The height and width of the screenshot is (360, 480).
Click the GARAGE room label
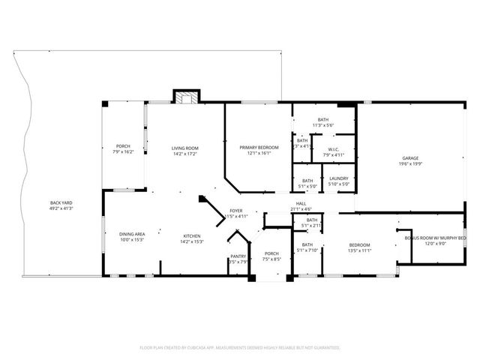tap(409, 158)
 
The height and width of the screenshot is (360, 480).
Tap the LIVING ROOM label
tap(185, 148)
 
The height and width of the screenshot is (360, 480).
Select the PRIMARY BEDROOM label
tap(259, 148)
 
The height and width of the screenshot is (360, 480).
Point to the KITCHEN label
tap(191, 235)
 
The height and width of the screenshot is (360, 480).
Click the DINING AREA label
tap(132, 235)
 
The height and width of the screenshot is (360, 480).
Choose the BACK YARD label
tap(61, 202)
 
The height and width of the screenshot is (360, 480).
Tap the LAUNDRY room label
tap(339, 179)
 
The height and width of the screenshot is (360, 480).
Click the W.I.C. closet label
tap(334, 149)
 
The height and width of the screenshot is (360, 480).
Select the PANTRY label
tap(238, 256)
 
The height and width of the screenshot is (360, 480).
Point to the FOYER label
tap(235, 211)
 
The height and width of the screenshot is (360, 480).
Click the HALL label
tap(300, 204)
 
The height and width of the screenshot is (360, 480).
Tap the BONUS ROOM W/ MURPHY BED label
tap(435, 238)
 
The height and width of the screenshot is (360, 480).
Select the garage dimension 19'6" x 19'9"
tap(409, 163)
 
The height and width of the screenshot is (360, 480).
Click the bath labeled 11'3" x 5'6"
tap(323, 122)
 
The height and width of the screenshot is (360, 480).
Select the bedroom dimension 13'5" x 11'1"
tap(359, 250)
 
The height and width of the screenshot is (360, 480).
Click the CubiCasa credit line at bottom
tap(240, 348)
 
